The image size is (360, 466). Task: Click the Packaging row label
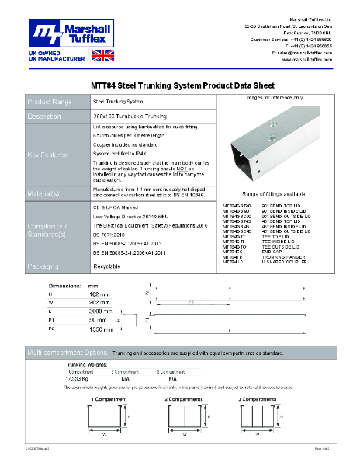(45, 243)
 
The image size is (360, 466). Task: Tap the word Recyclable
(106, 243)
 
